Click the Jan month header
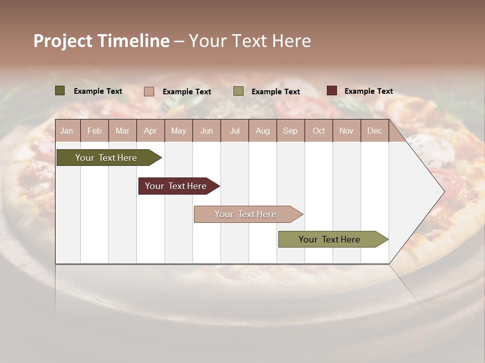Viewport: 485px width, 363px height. click(x=67, y=131)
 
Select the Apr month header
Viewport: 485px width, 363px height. click(x=151, y=131)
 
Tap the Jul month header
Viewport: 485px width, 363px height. click(x=235, y=131)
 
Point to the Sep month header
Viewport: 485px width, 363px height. click(x=290, y=131)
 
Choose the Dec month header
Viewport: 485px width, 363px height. click(x=374, y=131)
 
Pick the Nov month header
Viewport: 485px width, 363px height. click(x=347, y=131)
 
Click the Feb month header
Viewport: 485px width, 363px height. click(x=95, y=131)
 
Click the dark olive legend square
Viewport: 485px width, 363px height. click(x=60, y=91)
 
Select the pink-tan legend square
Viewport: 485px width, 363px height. click(x=149, y=91)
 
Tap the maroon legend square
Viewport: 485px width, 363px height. click(x=332, y=91)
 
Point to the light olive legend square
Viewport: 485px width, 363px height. click(x=238, y=91)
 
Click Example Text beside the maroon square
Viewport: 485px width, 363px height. click(x=368, y=91)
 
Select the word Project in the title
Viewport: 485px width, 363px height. click(x=63, y=41)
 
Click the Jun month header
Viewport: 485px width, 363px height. click(x=207, y=131)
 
